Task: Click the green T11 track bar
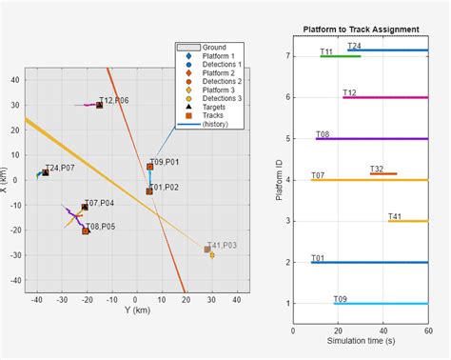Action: click(340, 56)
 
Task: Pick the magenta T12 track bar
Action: click(384, 97)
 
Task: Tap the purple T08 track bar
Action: click(371, 139)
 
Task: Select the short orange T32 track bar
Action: click(383, 173)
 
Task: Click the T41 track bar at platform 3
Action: click(407, 221)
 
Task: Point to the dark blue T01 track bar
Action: click(369, 262)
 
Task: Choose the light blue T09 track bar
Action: click(381, 303)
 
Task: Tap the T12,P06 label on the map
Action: click(113, 100)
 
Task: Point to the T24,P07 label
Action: click(59, 168)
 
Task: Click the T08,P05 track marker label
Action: click(100, 226)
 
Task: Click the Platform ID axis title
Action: click(278, 179)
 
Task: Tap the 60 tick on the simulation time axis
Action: click(427, 330)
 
